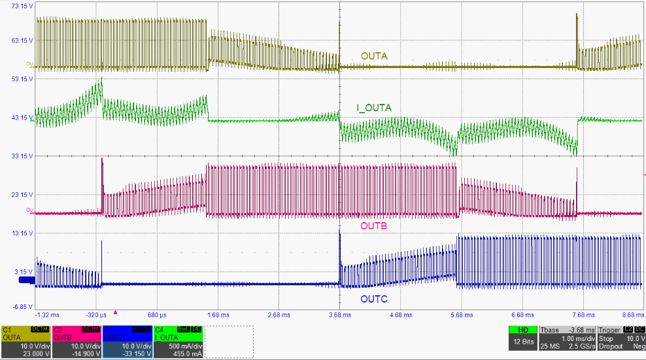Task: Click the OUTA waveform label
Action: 374,56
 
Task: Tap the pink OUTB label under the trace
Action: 374,225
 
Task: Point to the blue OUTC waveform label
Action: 374,299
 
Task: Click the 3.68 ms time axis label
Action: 339,314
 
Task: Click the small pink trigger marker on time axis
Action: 116,312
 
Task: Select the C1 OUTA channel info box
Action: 25,342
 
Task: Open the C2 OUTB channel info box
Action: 76,342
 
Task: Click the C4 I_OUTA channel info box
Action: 177,342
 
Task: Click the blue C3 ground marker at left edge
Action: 26,280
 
